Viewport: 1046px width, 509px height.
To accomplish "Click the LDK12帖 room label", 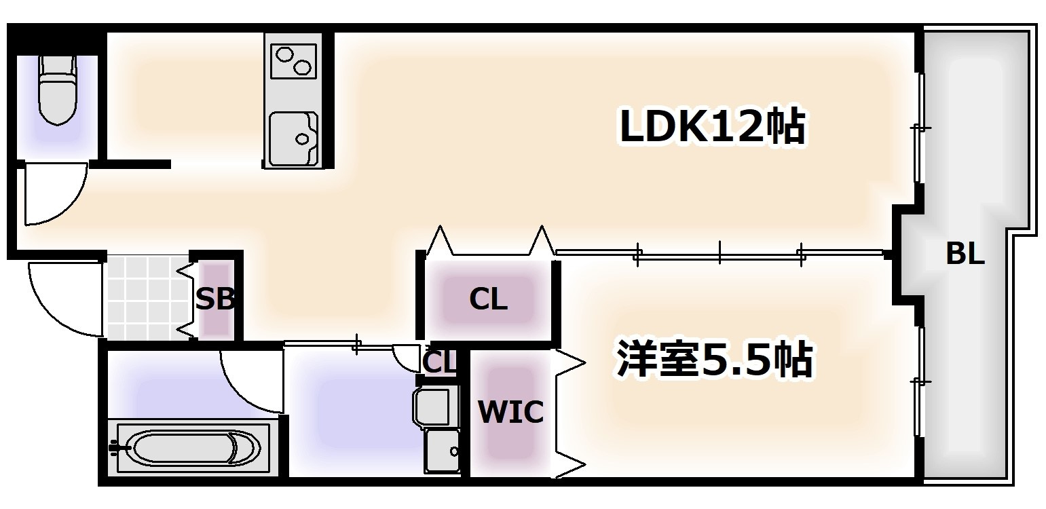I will [712, 127].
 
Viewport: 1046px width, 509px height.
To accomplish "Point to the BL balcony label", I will [965, 255].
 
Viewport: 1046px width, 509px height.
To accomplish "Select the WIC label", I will [510, 411].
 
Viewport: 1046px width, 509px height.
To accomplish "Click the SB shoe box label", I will [215, 299].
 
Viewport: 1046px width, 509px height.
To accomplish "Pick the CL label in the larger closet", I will [489, 299].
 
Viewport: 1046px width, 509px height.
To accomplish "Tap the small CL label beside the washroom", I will [439, 362].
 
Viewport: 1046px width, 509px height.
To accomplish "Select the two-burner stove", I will [293, 61].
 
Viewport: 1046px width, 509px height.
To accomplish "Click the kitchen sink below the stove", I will [293, 138].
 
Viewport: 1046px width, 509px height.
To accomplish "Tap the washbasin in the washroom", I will [432, 406].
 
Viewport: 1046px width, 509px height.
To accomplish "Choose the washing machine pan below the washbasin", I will [442, 450].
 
